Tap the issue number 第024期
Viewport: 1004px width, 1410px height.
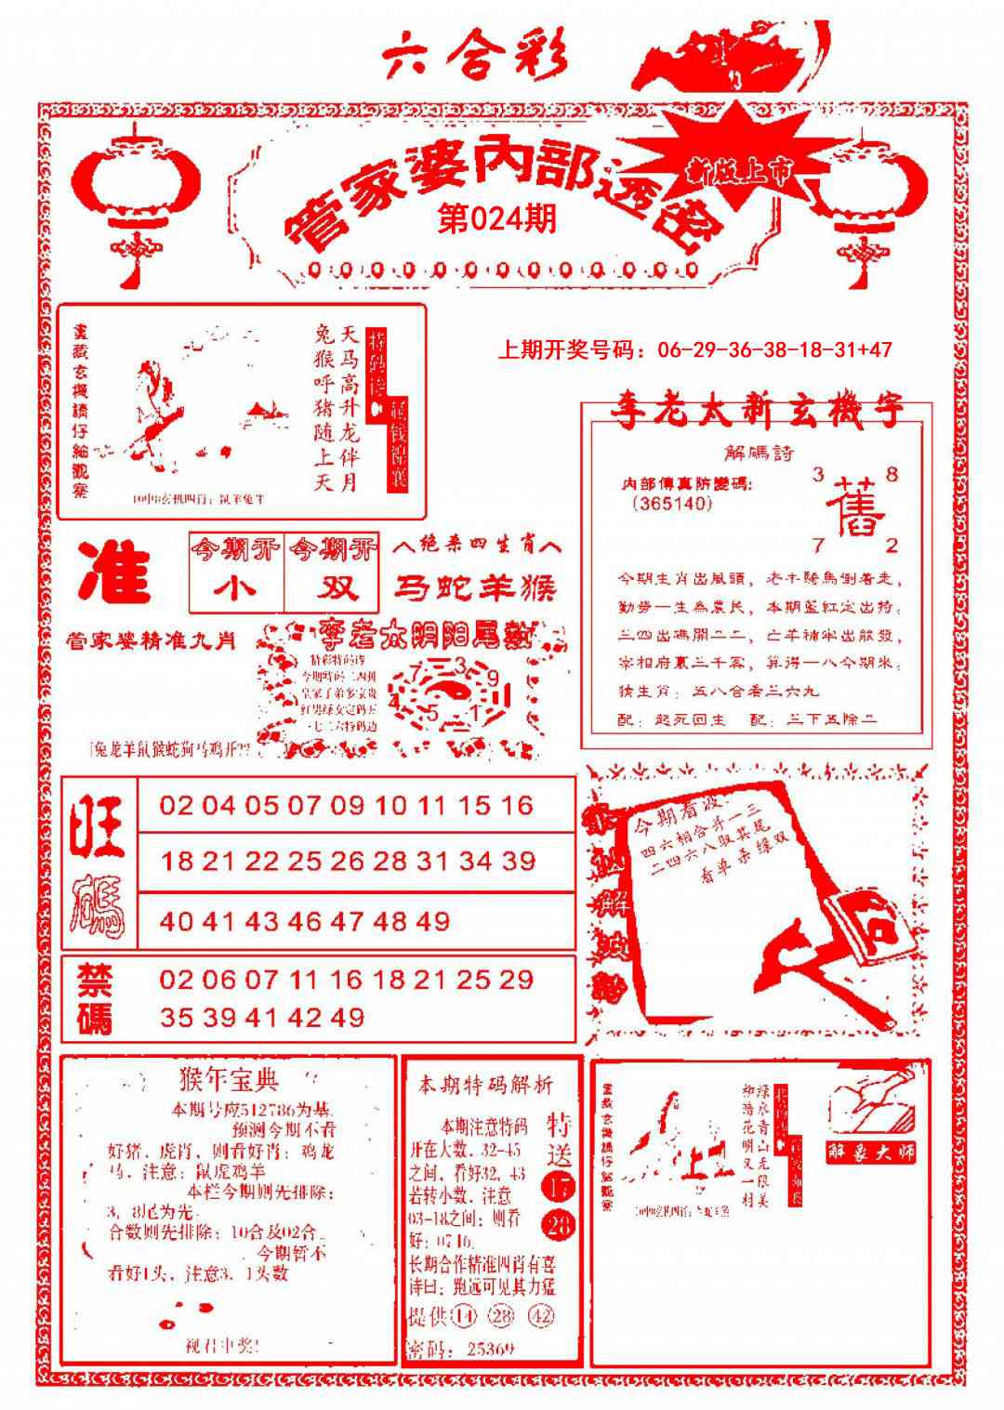pyautogui.click(x=496, y=219)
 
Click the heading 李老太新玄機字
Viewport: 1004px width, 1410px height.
pyautogui.click(x=755, y=412)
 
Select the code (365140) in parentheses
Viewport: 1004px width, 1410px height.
pyautogui.click(x=671, y=504)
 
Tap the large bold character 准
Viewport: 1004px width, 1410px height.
pyautogui.click(x=115, y=573)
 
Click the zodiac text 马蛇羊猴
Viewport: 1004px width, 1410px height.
pyautogui.click(x=476, y=587)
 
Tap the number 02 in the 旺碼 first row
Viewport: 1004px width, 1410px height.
pyautogui.click(x=176, y=805)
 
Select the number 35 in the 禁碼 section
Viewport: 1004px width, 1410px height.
pyautogui.click(x=176, y=1017)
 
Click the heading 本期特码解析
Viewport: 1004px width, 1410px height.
pyautogui.click(x=485, y=1085)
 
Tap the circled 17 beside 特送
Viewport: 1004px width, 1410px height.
pyautogui.click(x=560, y=1187)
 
